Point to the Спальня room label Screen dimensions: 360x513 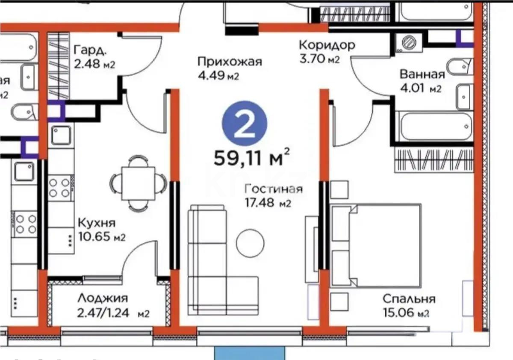coord(409,299)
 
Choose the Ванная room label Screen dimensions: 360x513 coord(422,74)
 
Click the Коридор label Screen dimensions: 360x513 coord(327,45)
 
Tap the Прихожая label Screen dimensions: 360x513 coord(229,62)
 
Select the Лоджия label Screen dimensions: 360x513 coord(103,298)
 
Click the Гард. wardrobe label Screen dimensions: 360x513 coord(90,50)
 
